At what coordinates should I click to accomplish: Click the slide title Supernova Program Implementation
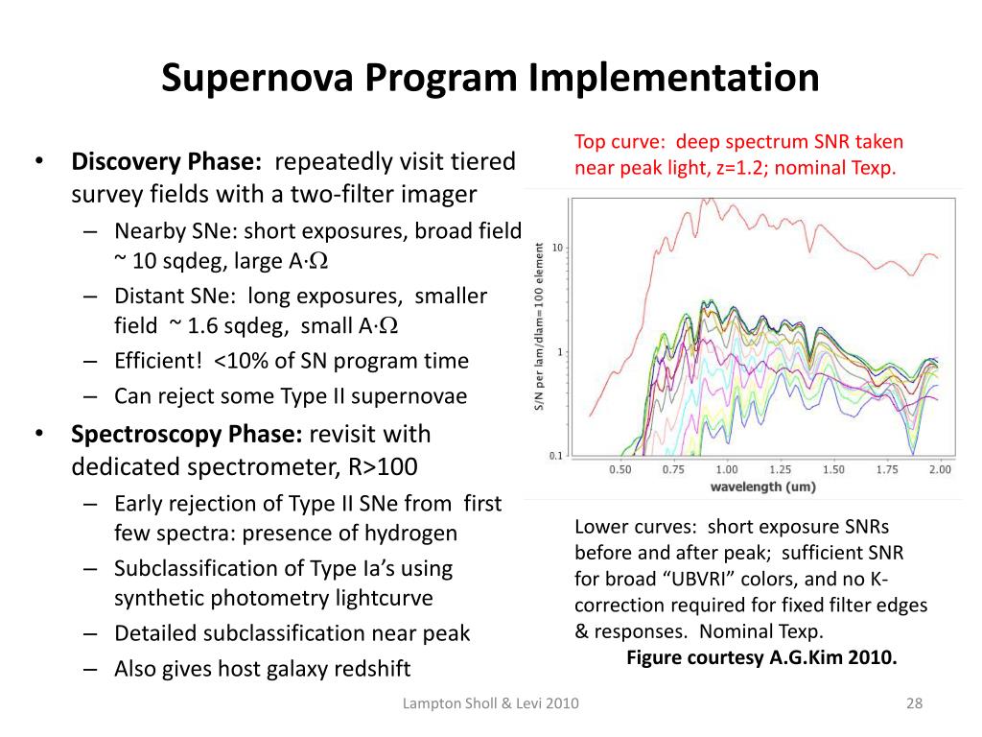tap(490, 78)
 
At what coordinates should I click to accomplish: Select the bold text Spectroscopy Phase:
tap(187, 434)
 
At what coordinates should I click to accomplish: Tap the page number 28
tap(913, 705)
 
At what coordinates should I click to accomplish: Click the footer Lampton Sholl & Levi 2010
tap(490, 705)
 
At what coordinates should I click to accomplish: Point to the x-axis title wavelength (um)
tap(762, 487)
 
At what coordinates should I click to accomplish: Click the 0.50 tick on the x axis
tap(620, 469)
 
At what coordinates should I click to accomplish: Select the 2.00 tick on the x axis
tap(939, 469)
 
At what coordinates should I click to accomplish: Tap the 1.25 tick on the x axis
tap(780, 469)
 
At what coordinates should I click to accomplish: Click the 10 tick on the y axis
tap(557, 248)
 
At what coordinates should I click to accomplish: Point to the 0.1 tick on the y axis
tap(555, 456)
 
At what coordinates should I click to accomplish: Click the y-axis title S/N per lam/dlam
tap(540, 326)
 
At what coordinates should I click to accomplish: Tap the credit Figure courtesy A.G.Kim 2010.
tap(761, 657)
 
